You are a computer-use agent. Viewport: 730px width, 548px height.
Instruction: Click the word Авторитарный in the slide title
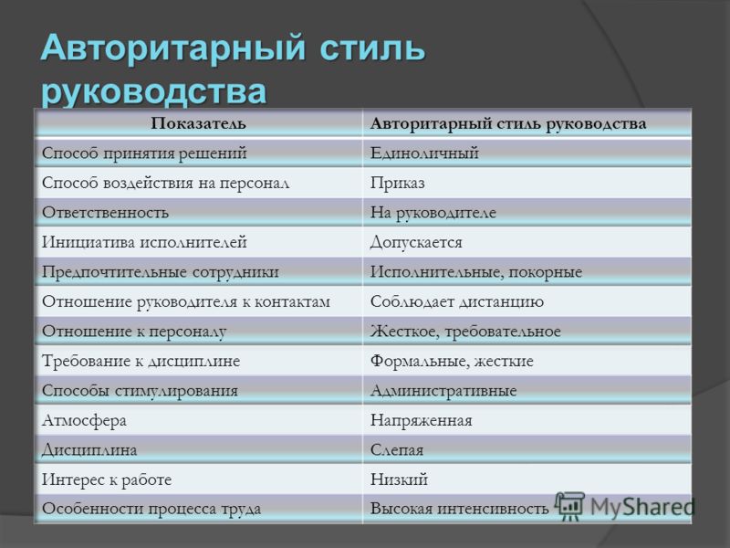(x=173, y=47)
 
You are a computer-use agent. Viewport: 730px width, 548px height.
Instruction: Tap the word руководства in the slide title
(x=154, y=90)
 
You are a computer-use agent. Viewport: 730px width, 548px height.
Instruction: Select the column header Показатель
(x=198, y=123)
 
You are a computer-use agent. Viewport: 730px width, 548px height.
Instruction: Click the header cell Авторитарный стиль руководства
(x=508, y=124)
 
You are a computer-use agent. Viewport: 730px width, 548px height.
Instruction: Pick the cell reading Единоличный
(x=424, y=153)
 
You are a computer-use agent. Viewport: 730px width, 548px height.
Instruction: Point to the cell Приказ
(x=398, y=184)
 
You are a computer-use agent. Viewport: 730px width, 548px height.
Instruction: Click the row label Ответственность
(x=105, y=213)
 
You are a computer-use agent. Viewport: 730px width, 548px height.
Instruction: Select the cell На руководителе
(x=433, y=213)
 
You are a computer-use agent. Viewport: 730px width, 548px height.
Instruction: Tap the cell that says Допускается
(x=416, y=242)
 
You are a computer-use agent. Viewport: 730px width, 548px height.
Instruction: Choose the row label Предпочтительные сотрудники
(x=161, y=272)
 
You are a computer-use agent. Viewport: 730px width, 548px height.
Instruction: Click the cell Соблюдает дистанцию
(x=457, y=302)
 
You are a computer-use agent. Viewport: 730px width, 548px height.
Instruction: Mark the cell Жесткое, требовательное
(x=465, y=332)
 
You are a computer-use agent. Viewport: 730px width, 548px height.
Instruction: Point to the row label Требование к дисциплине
(x=141, y=361)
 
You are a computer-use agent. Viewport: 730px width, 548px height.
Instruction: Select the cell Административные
(x=443, y=391)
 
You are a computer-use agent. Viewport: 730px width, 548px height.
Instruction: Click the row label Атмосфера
(x=84, y=421)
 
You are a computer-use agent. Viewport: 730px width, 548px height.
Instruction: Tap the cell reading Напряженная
(x=422, y=421)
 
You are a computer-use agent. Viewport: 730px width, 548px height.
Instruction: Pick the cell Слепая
(x=397, y=450)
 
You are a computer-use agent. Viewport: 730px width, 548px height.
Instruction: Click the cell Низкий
(x=399, y=479)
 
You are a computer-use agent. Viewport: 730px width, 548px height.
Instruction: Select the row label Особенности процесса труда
(x=151, y=509)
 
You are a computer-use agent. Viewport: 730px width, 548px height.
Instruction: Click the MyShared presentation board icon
(x=569, y=506)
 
